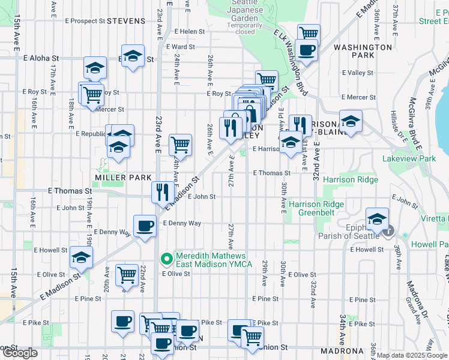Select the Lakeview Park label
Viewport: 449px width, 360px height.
[409, 158]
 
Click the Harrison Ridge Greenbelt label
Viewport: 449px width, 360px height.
[316, 208]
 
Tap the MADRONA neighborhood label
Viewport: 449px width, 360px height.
[342, 351]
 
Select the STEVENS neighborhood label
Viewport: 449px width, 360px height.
[126, 21]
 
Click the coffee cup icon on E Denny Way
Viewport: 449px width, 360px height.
[144, 226]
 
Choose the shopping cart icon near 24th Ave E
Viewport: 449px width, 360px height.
[180, 145]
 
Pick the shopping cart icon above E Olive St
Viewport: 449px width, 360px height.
[127, 275]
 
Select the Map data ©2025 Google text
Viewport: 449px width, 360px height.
[411, 355]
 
